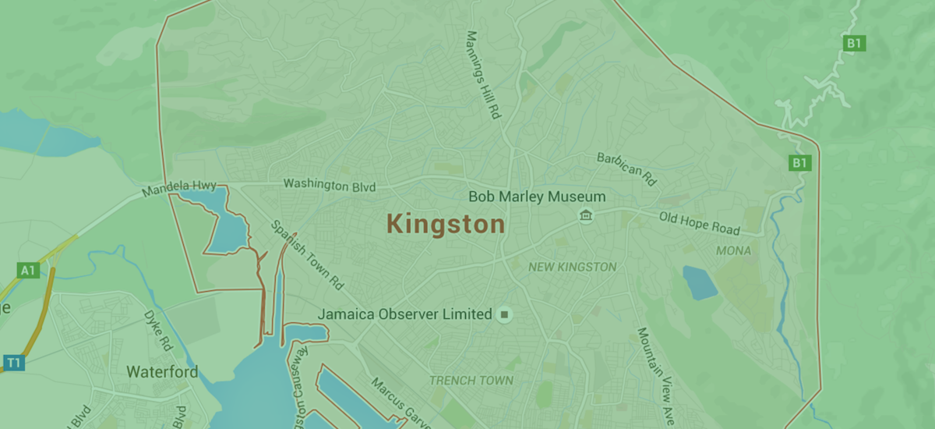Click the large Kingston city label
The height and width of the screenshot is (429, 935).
(x=446, y=225)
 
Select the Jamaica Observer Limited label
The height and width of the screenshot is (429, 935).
(x=404, y=314)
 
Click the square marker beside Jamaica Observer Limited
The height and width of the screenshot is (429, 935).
(x=505, y=314)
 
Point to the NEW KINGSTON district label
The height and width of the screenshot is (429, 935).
(x=572, y=267)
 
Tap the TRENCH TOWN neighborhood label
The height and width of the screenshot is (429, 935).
(x=471, y=381)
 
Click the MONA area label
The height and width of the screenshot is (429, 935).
(x=733, y=251)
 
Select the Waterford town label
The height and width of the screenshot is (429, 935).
(x=162, y=372)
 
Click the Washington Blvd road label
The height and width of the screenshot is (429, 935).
(x=330, y=186)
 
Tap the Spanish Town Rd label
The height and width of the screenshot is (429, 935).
(x=306, y=252)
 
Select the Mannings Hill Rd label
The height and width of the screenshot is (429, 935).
(x=482, y=74)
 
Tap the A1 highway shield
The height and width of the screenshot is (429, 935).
(x=28, y=271)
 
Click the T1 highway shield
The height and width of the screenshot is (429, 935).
(x=14, y=362)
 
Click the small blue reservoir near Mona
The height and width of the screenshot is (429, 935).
(x=700, y=282)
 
